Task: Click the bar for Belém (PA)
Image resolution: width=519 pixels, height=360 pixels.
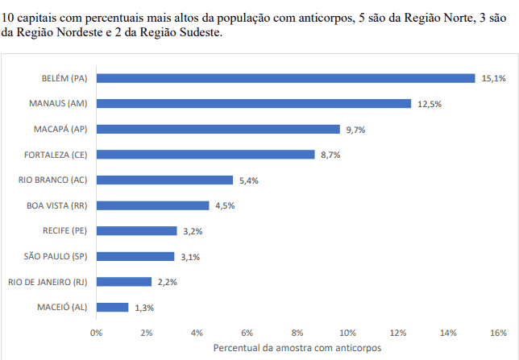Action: (285, 78)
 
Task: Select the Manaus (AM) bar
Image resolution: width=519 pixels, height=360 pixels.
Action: (253, 104)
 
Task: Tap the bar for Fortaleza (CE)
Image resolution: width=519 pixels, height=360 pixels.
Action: (205, 155)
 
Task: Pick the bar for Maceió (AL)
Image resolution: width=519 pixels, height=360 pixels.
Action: (112, 307)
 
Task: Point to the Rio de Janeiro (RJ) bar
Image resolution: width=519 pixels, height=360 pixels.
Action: (123, 282)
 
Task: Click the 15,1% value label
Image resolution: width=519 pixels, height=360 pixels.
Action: (494, 78)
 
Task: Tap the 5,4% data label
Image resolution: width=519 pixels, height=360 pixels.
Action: (247, 180)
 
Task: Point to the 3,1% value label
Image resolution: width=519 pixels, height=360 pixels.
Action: (189, 257)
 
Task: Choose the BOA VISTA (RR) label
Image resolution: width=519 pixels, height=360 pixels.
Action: (56, 205)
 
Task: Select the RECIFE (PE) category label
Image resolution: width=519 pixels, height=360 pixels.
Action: (64, 231)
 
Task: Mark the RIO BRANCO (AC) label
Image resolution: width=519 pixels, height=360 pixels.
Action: (52, 180)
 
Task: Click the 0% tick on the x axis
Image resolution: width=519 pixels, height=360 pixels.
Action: (97, 332)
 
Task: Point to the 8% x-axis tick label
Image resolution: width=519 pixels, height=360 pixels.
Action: (297, 332)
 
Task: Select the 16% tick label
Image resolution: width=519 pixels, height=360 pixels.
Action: (498, 332)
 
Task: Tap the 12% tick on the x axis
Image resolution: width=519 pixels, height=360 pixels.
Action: (397, 332)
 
